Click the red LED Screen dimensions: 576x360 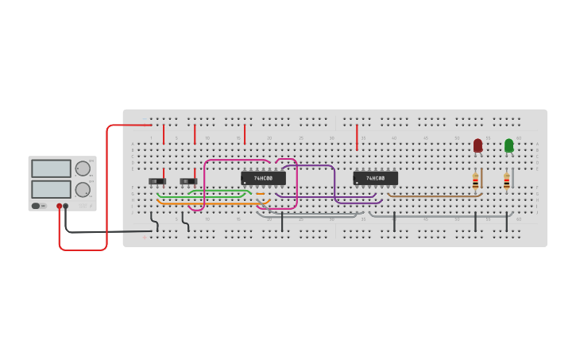click(x=477, y=145)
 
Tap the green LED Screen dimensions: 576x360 click(x=508, y=145)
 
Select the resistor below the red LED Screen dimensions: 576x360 click(x=475, y=181)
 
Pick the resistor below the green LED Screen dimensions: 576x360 click(x=506, y=182)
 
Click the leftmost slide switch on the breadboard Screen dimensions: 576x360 click(x=157, y=181)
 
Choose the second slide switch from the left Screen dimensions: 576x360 click(x=188, y=181)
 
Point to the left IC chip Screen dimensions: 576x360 click(x=263, y=178)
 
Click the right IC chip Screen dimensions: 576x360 click(x=375, y=178)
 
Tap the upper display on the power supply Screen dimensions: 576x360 click(x=51, y=168)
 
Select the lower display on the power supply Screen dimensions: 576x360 click(x=51, y=189)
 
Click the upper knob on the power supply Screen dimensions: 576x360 click(x=83, y=168)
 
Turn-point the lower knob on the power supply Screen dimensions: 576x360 click(x=83, y=189)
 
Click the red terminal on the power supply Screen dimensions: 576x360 click(x=59, y=206)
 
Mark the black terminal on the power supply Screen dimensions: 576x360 click(x=66, y=206)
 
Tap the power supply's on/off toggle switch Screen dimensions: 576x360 click(x=37, y=206)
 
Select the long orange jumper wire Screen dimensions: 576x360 click(x=211, y=203)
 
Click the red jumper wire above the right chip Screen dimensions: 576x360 click(x=357, y=137)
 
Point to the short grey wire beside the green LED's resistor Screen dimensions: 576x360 click(x=512, y=177)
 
